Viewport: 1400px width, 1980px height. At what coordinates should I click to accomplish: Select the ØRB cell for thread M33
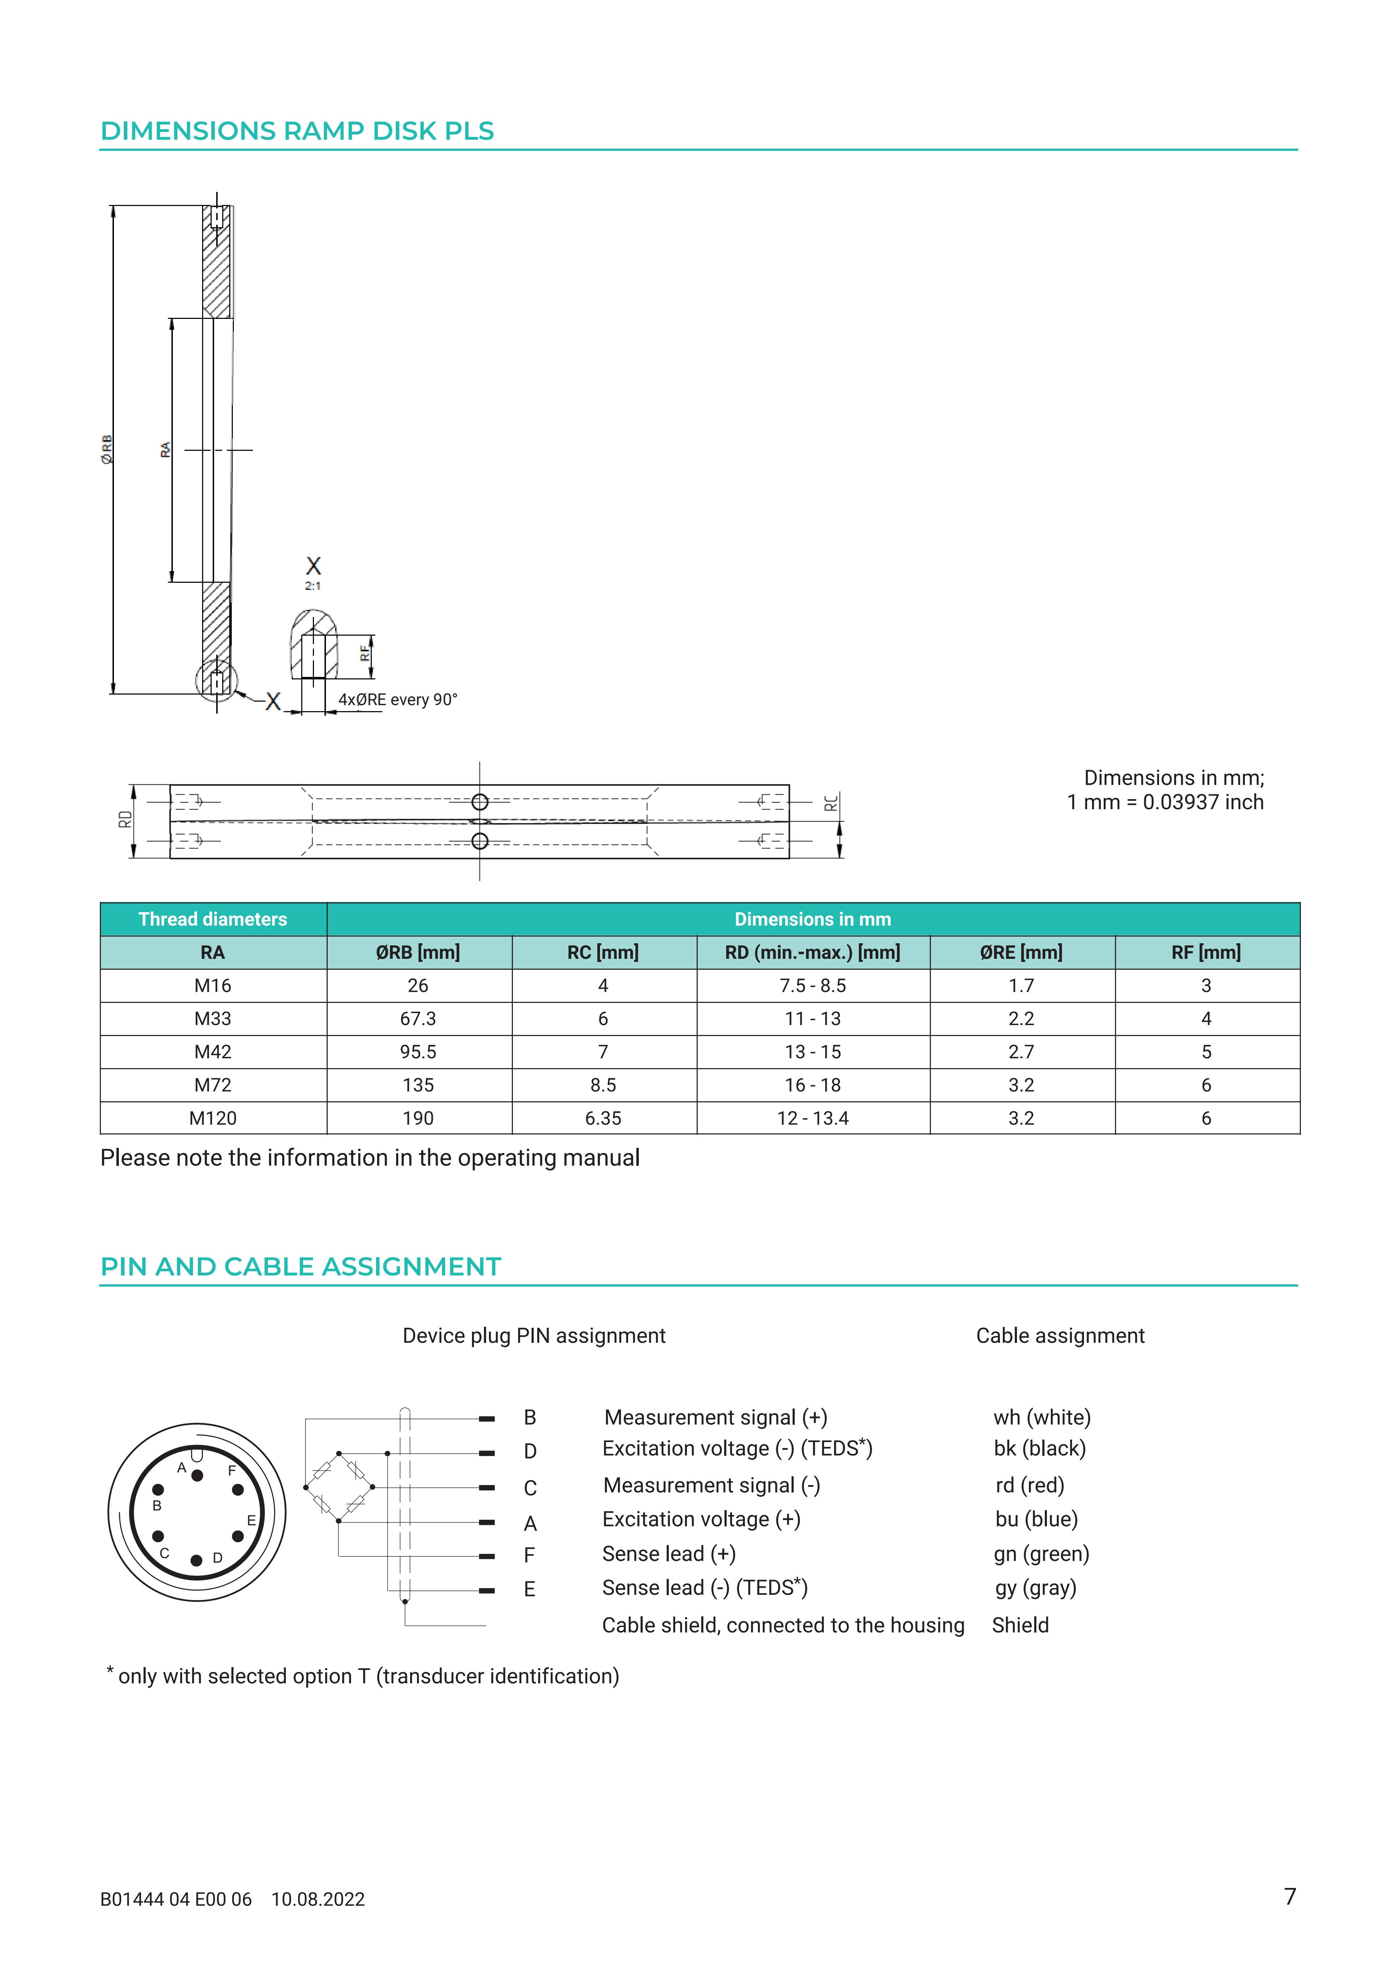click(418, 1018)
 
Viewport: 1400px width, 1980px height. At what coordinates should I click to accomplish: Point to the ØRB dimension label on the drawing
click(107, 449)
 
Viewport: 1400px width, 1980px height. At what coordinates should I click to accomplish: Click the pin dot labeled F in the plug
click(238, 1489)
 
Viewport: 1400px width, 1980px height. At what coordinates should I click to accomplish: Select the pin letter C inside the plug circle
click(165, 1553)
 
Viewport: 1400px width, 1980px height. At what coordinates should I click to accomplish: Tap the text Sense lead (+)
click(669, 1554)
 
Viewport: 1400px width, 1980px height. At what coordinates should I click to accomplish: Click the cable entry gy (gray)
click(1035, 1588)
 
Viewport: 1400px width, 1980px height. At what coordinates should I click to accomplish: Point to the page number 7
click(1290, 1896)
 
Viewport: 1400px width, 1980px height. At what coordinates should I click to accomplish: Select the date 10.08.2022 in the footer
click(318, 1900)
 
